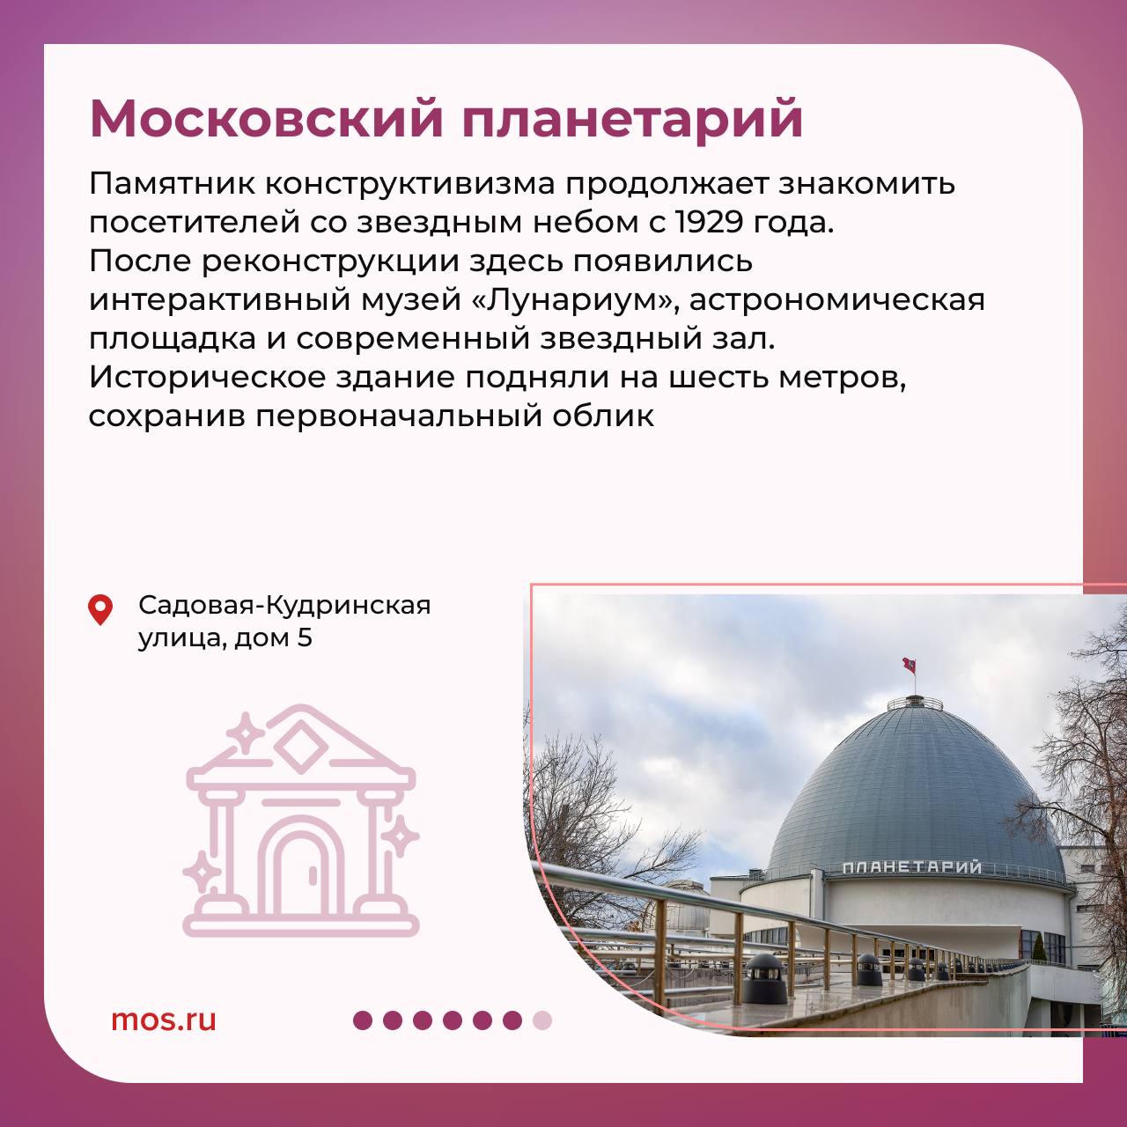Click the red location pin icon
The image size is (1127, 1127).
pos(100,610)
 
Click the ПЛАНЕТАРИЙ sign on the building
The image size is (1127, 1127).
pos(912,866)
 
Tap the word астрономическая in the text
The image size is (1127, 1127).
pos(837,300)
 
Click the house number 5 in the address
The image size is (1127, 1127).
pos(304,637)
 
